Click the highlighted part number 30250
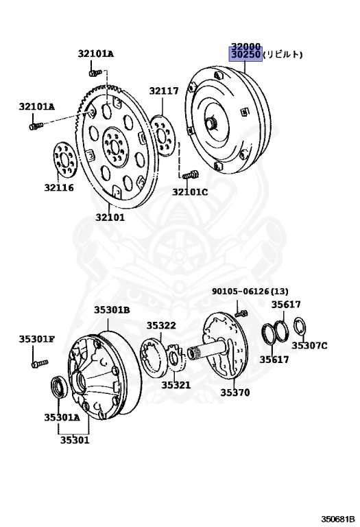245,54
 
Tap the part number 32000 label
245,47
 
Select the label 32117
164,91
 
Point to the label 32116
59,187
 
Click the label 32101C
190,192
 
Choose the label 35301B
112,309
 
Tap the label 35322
161,325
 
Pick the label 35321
176,385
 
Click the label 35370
235,393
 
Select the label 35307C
309,345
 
